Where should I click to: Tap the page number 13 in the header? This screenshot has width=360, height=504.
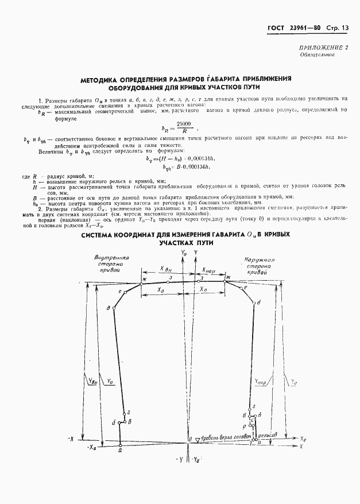[x=345, y=28]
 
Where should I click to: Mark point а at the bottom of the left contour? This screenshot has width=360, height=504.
[x=120, y=450]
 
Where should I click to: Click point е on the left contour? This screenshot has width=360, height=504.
[x=119, y=292]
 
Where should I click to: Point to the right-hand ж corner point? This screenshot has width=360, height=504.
[x=228, y=278]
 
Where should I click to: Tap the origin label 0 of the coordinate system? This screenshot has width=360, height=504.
[x=189, y=439]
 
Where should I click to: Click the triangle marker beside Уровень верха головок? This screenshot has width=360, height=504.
[x=196, y=439]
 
